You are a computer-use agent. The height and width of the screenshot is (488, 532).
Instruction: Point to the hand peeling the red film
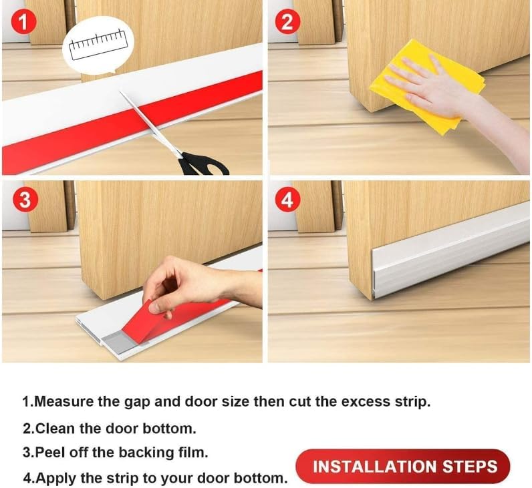[177, 284]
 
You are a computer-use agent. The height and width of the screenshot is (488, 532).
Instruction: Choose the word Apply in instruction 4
[53, 478]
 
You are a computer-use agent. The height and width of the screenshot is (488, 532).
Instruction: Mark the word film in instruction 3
[194, 452]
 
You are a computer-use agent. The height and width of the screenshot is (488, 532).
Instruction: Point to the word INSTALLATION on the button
[370, 466]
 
